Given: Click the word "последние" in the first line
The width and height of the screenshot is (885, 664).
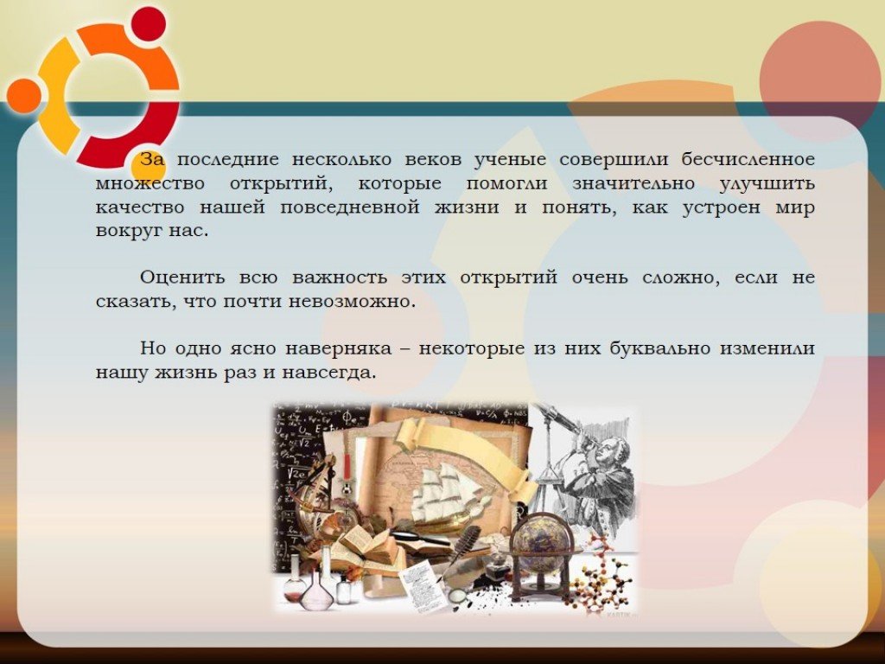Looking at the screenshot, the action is pyautogui.click(x=228, y=160).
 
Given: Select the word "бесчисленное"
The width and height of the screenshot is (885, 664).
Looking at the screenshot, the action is pyautogui.click(x=748, y=160).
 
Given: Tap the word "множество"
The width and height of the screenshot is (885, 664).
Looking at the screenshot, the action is pyautogui.click(x=150, y=184).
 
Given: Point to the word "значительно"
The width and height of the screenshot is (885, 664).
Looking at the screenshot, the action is pyautogui.click(x=634, y=184).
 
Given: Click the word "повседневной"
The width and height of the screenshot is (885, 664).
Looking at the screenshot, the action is pyautogui.click(x=350, y=208).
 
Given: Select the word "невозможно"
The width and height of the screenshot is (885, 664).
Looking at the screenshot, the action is pyautogui.click(x=353, y=302).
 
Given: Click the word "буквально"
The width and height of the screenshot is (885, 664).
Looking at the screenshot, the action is pyautogui.click(x=659, y=349).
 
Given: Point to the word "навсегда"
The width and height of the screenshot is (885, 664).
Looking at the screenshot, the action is pyautogui.click(x=328, y=373).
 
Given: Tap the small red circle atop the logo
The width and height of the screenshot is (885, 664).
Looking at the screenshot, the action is pyautogui.click(x=149, y=25).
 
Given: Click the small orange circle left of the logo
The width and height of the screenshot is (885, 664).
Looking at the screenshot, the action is pyautogui.click(x=23, y=95).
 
